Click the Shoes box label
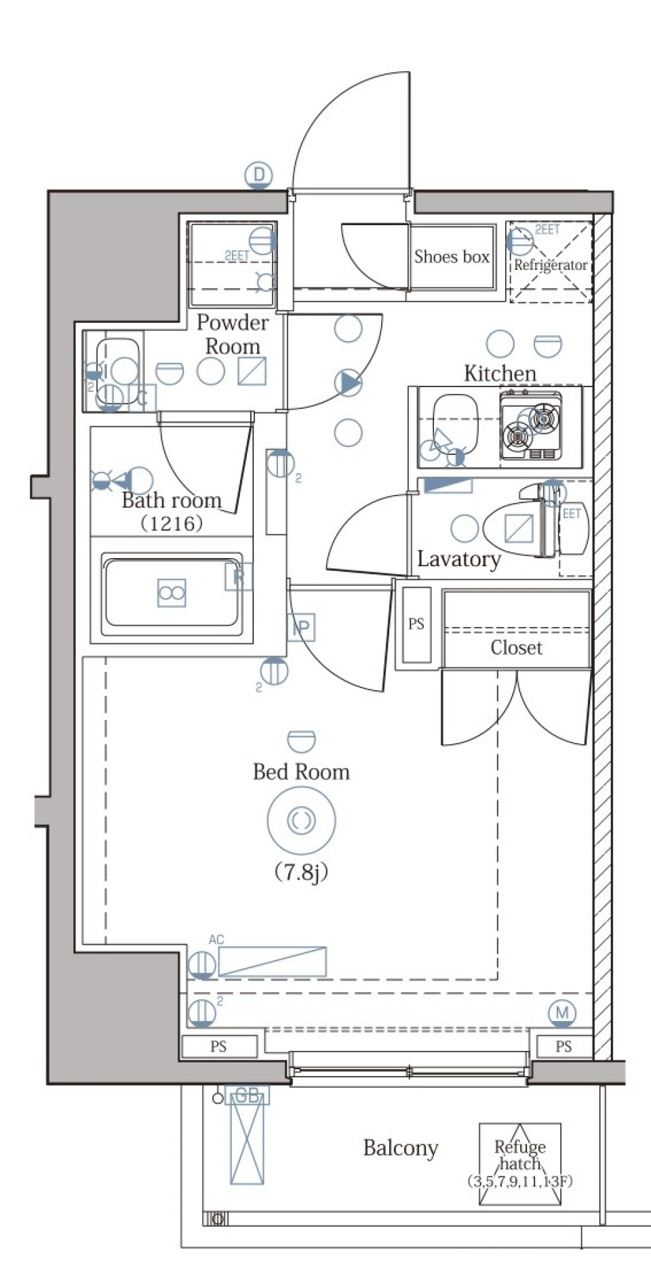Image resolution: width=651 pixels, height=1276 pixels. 452,257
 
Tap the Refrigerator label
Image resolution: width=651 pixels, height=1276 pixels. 550,265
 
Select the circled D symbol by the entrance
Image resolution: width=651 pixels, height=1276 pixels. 258,175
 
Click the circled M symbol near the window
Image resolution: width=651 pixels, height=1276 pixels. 562,1013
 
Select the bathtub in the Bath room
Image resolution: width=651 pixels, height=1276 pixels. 172,593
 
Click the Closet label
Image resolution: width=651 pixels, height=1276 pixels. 516,648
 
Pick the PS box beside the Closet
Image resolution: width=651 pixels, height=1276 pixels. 416,624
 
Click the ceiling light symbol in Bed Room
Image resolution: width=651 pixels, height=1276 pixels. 301,820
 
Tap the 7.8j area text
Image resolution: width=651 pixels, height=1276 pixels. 301,872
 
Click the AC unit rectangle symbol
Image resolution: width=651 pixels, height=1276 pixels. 272,961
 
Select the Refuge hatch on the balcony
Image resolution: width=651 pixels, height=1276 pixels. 520,1163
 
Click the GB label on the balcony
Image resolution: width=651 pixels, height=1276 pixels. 247,1096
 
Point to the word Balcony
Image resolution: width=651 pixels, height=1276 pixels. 401,1148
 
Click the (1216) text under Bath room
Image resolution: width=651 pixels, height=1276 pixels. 172,523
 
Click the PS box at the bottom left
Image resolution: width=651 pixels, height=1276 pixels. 218,1046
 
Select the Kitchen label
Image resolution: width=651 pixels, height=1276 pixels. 500,374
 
